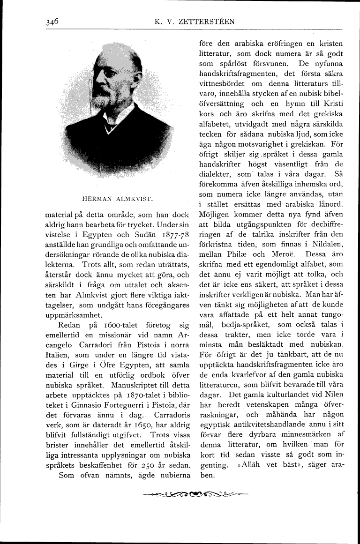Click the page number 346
coord(52,21)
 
